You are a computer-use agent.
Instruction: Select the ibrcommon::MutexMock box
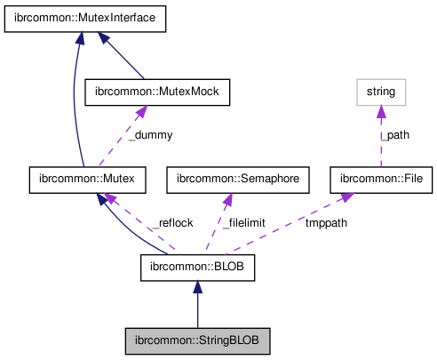point(156,92)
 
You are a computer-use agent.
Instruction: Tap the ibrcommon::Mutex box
point(86,179)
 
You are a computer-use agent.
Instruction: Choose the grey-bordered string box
point(380,92)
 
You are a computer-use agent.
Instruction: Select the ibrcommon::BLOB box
point(197,266)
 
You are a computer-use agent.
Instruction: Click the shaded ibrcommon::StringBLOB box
point(197,340)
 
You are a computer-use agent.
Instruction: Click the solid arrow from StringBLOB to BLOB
point(197,307)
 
